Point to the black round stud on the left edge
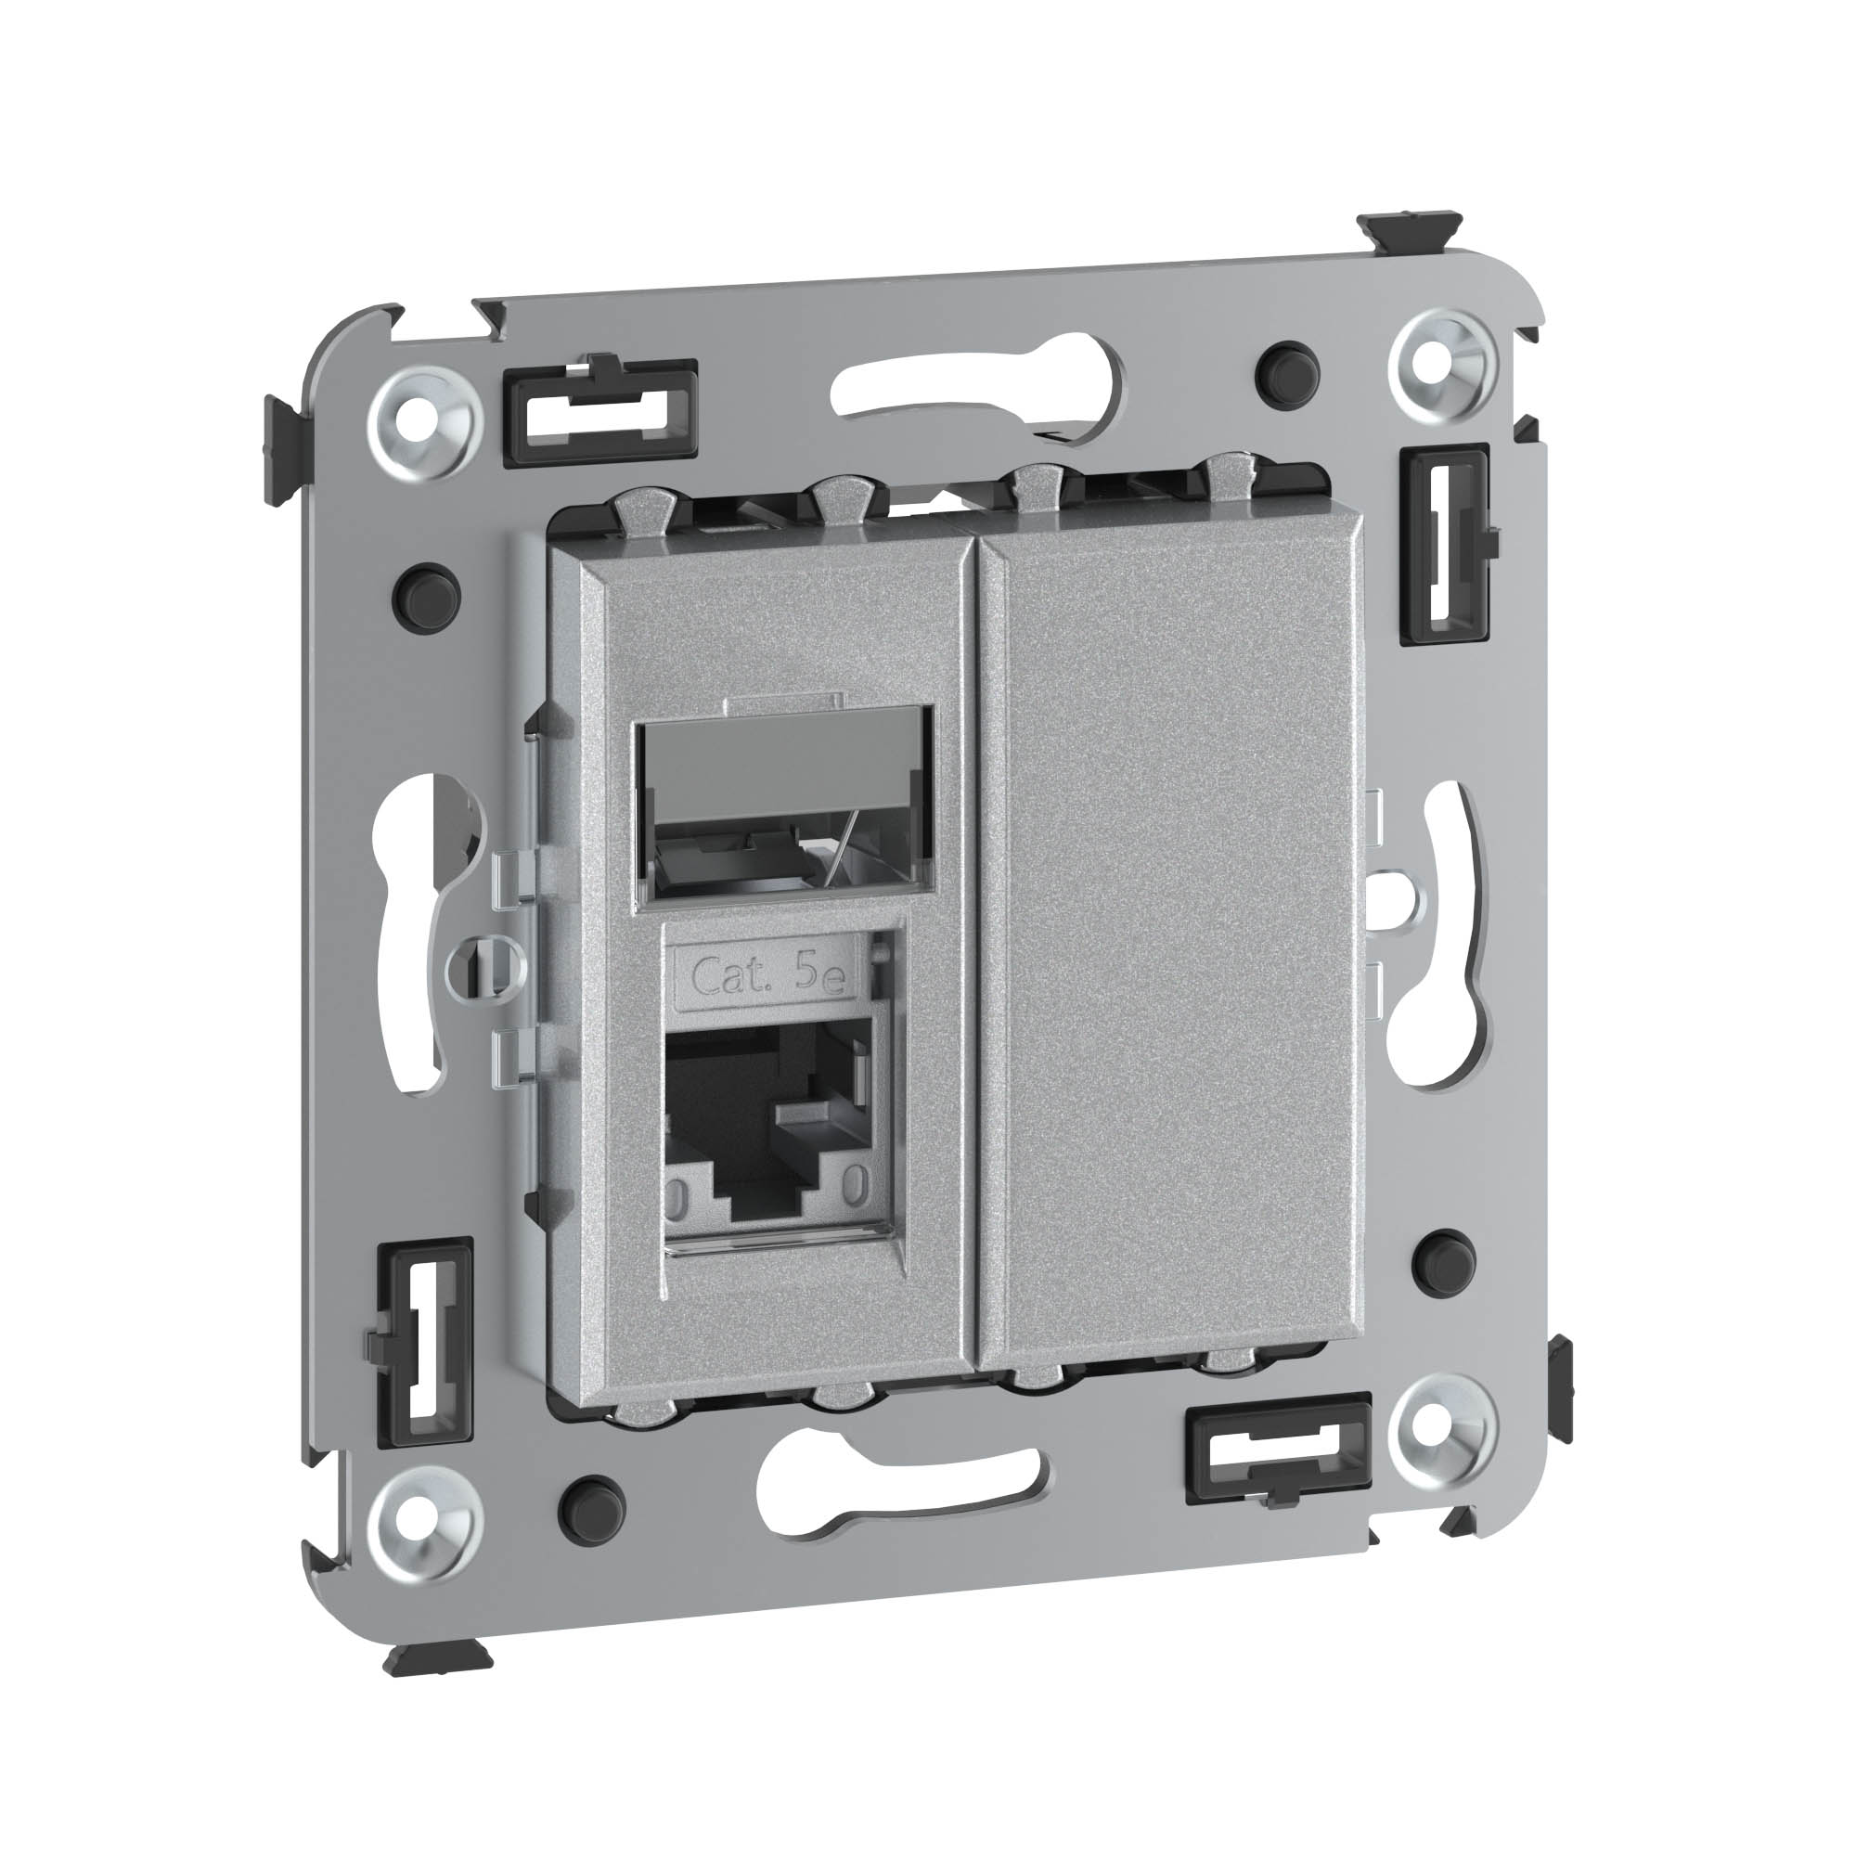pyautogui.click(x=427, y=595)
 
